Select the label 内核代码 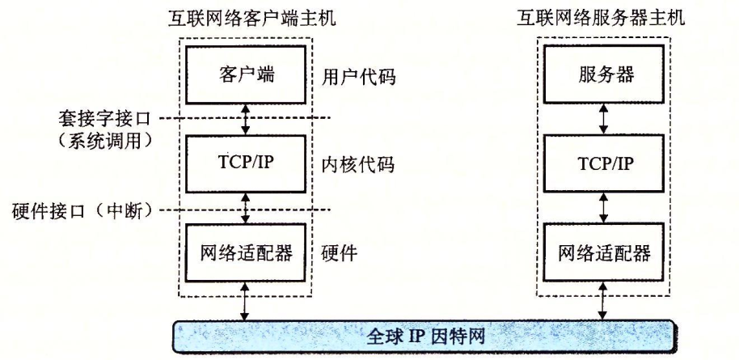pyautogui.click(x=353, y=165)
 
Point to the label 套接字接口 pyautogui.click(x=103, y=117)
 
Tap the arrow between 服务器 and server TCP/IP pyautogui.click(x=603, y=120)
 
